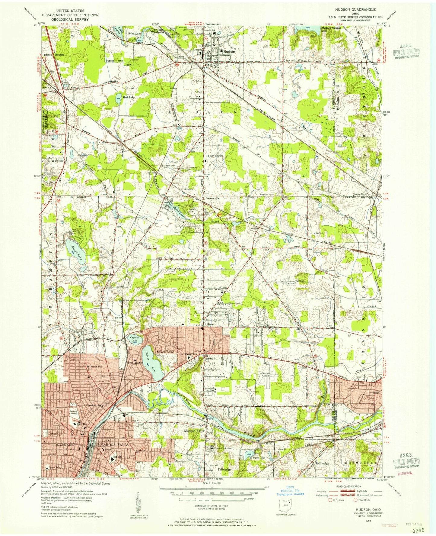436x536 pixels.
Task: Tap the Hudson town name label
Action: tap(229, 52)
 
